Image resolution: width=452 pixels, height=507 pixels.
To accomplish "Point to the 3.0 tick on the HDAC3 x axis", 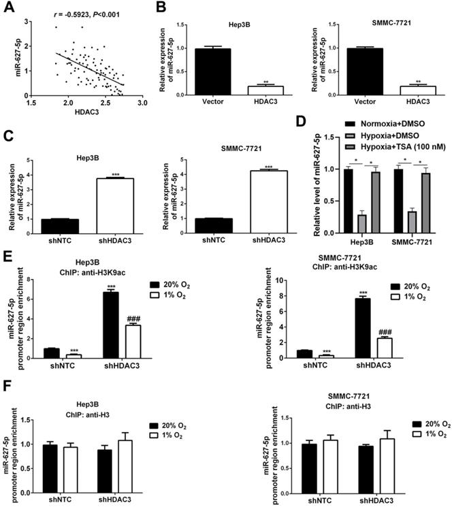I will pos(142,103).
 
